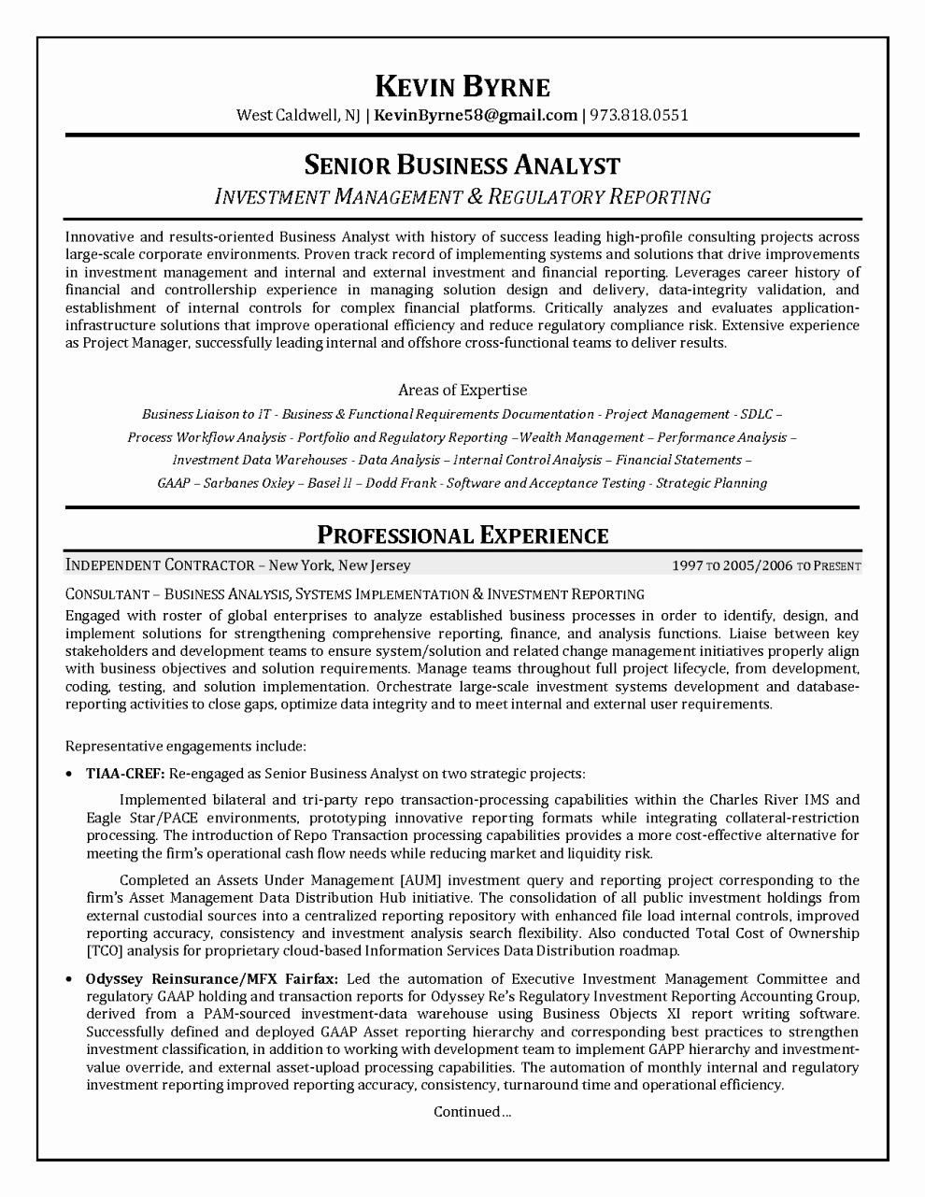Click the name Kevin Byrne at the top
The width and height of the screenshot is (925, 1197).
click(x=462, y=87)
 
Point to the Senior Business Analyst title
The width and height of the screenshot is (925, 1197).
click(x=462, y=165)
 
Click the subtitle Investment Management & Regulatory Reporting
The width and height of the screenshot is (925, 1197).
click(x=462, y=196)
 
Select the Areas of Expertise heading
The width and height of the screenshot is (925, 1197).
click(x=462, y=391)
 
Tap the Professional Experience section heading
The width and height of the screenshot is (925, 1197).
click(x=462, y=535)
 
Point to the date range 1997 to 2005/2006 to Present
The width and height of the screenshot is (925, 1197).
click(x=766, y=566)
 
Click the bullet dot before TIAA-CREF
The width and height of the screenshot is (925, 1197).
click(x=71, y=775)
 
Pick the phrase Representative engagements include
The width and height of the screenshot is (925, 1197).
click(x=186, y=747)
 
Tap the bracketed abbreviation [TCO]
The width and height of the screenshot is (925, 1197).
click(x=104, y=951)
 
